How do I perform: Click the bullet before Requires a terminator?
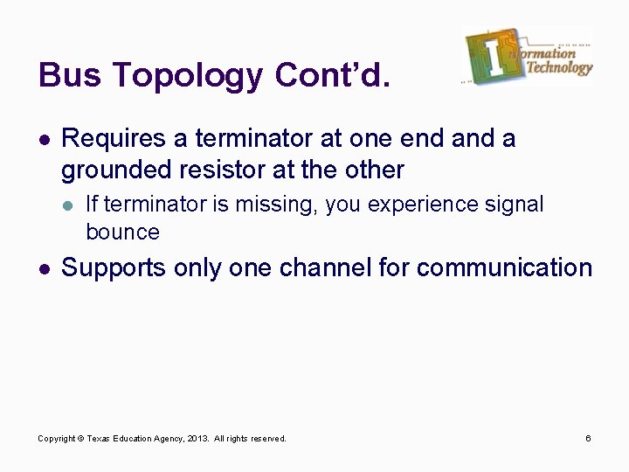coord(43,139)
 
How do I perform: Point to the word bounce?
coord(123,232)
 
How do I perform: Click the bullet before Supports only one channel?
coord(43,268)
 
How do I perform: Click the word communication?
coord(505,267)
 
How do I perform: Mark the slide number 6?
coord(589,438)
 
